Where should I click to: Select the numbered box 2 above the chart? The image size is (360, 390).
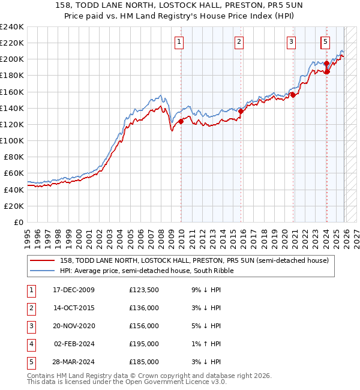239,41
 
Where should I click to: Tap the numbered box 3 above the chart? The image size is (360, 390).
291,41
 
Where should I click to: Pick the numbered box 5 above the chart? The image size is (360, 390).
325,41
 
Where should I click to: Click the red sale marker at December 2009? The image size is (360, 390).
181,121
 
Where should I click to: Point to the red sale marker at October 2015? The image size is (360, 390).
241,111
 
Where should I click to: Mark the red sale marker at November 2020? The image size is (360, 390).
293,95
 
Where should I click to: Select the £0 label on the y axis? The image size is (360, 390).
17,222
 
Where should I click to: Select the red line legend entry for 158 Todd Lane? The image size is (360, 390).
194,260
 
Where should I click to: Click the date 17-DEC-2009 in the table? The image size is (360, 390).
74,290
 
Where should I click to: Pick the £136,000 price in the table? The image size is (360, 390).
143,308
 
